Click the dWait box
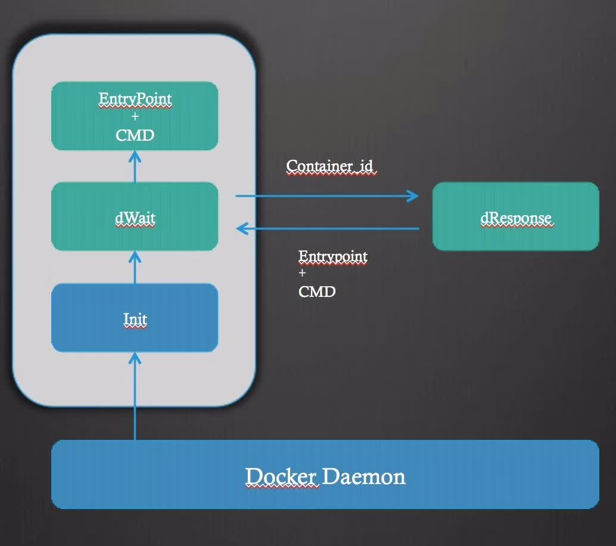coord(135,217)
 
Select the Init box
coord(135,318)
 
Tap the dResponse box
coord(515,216)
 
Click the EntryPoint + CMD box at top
coord(135,116)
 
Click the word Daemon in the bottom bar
coord(364,476)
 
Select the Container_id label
coord(331,166)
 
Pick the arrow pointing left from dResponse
coord(328,228)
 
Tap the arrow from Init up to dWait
coord(135,267)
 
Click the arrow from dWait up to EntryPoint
coord(135,166)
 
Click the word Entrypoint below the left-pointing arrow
coord(333,257)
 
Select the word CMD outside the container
coord(317,291)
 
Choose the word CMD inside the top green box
coord(135,135)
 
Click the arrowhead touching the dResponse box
coord(413,196)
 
